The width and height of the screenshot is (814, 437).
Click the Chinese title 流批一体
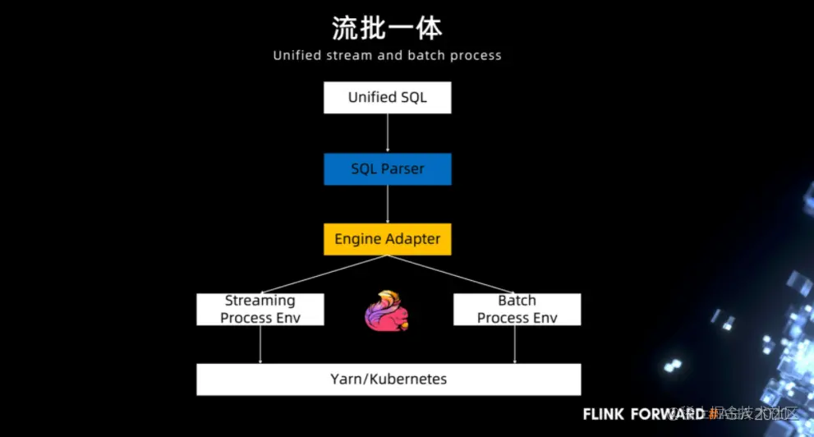[x=387, y=28]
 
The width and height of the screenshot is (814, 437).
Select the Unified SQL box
[x=387, y=98]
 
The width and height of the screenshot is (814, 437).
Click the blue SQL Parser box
[x=387, y=168]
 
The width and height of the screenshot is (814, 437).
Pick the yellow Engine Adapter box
[x=387, y=239]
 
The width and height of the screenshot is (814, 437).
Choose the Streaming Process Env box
[x=260, y=309]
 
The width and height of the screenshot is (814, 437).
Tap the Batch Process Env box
[x=517, y=309]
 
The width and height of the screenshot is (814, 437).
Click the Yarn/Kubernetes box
[x=389, y=379]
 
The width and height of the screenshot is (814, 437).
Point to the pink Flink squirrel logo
[x=387, y=311]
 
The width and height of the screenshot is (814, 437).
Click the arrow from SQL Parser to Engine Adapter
[x=388, y=204]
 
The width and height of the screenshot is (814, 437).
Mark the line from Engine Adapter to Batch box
[x=452, y=274]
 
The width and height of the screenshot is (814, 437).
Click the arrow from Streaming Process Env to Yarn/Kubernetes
[x=260, y=345]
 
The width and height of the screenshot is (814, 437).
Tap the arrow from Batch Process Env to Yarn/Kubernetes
[x=515, y=345]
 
